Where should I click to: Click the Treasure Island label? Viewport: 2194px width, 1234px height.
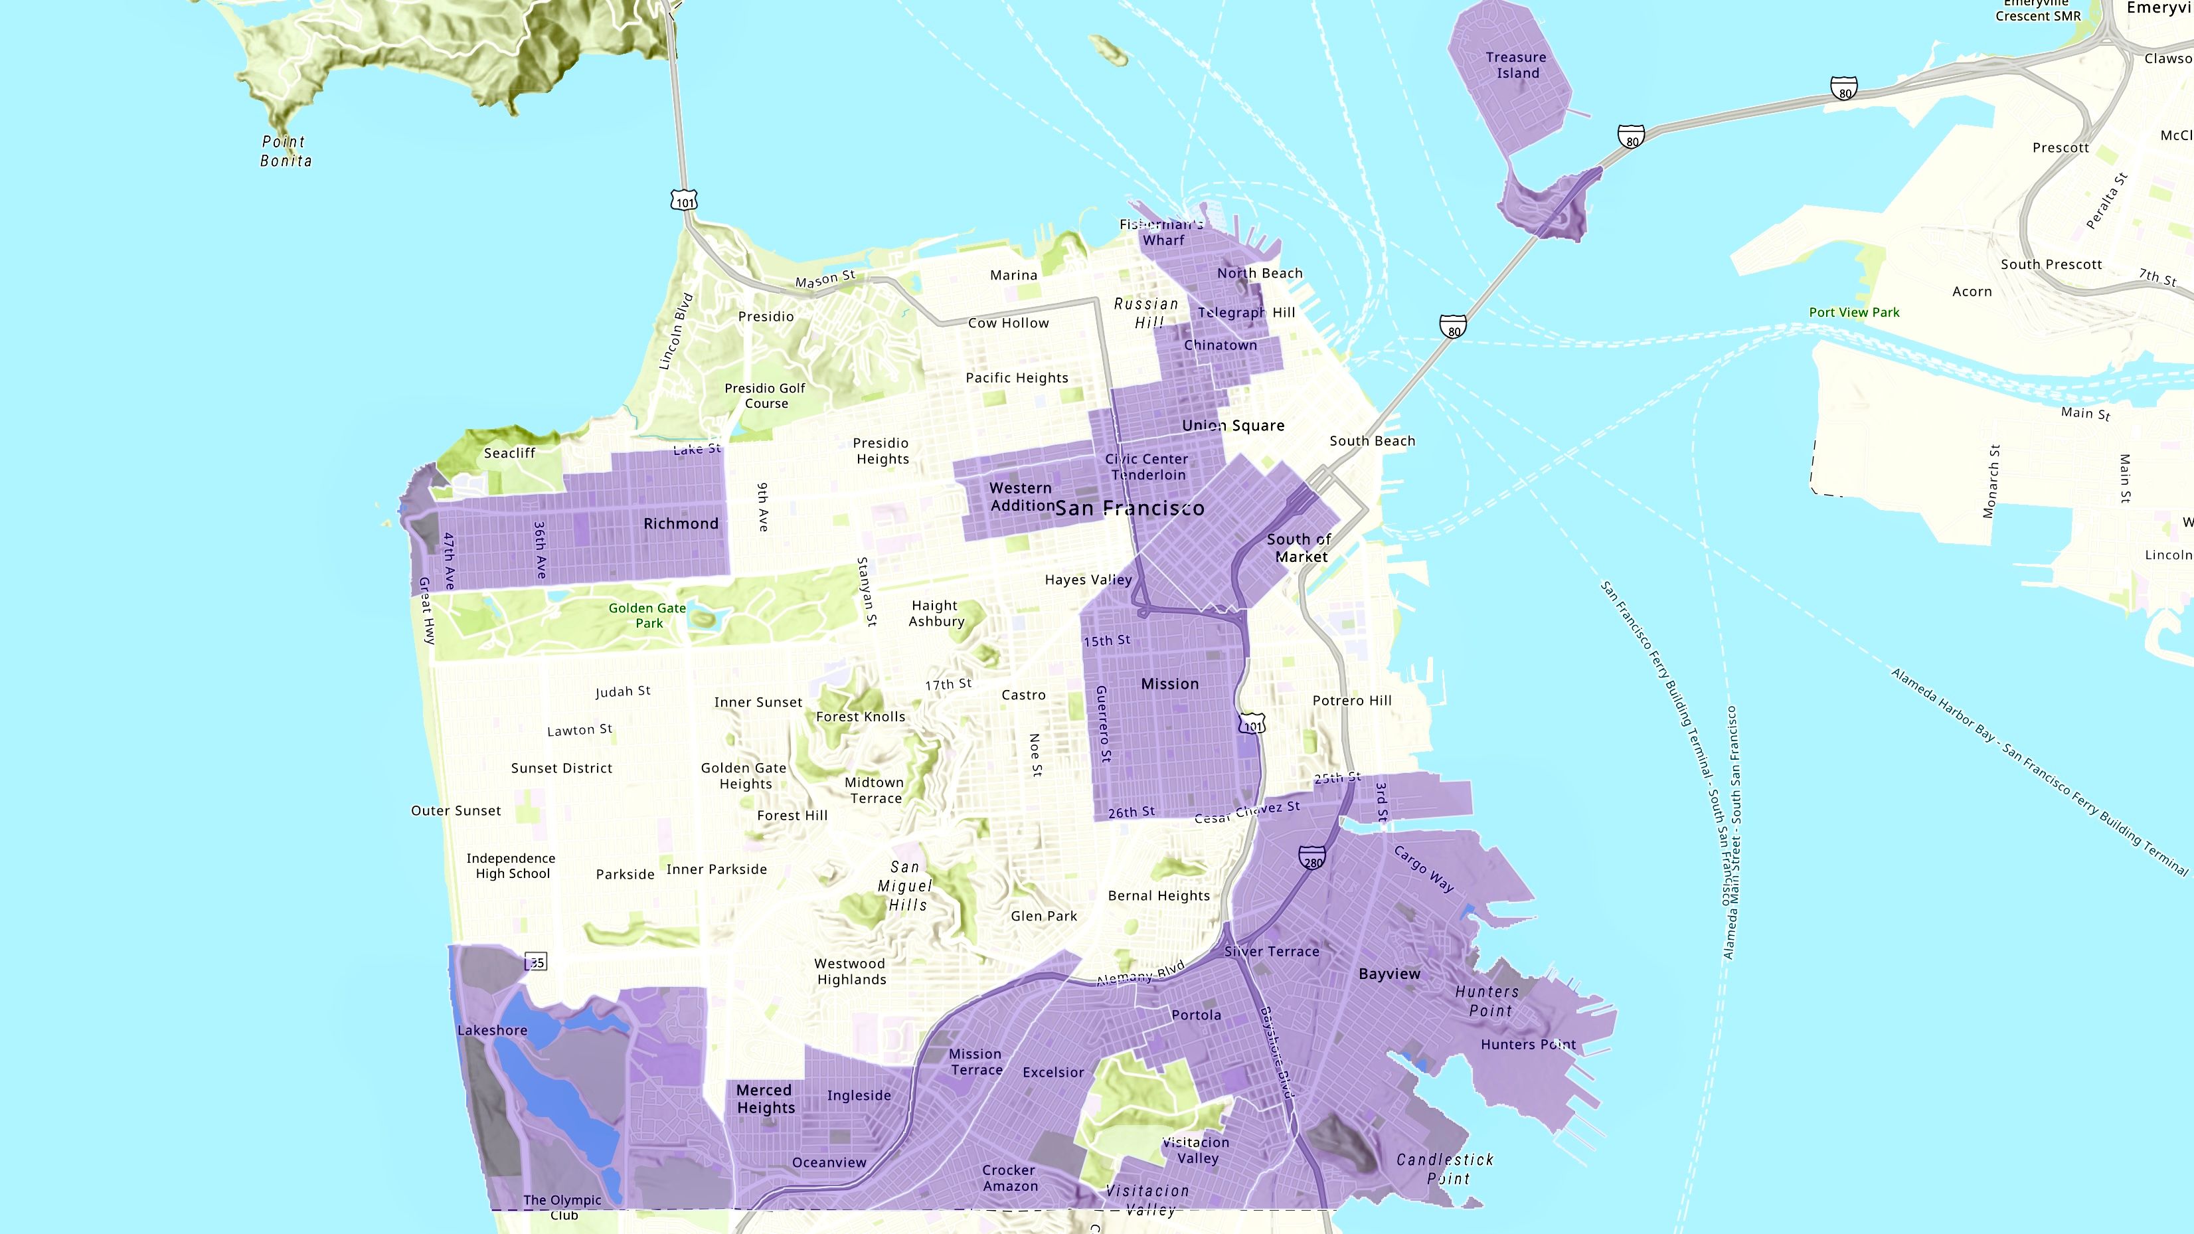pos(1516,64)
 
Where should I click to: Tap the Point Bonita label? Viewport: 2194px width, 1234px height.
pos(286,151)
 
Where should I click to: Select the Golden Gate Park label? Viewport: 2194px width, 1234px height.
pos(647,615)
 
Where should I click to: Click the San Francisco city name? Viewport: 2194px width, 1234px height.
pos(1130,509)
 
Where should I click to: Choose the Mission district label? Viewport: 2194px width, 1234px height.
pos(1169,684)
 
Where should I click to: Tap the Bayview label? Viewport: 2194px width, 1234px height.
pos(1389,974)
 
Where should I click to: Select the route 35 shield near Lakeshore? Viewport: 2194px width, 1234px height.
pos(535,962)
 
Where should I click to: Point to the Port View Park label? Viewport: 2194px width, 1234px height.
pos(1854,313)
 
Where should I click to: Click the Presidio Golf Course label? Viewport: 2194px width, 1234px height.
pos(765,395)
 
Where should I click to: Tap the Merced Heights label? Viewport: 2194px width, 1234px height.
pos(766,1099)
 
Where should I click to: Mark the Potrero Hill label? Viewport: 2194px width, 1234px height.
pos(1352,700)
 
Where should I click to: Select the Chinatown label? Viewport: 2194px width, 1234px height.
pos(1220,345)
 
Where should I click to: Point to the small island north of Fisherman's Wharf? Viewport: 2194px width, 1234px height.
pos(1109,49)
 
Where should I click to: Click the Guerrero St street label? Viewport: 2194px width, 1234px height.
pos(1103,723)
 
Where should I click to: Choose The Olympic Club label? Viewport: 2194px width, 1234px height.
pos(562,1207)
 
